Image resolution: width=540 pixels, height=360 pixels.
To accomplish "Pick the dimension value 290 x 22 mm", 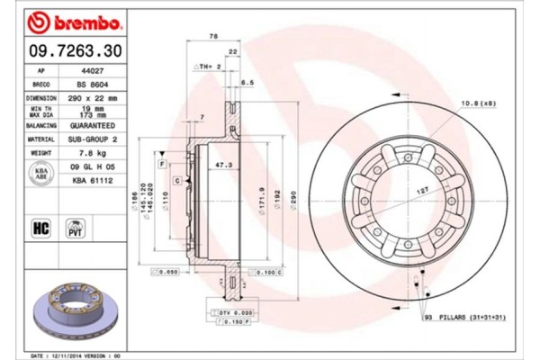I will click(x=96, y=96).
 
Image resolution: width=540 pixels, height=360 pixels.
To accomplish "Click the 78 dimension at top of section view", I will click(x=213, y=35).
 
